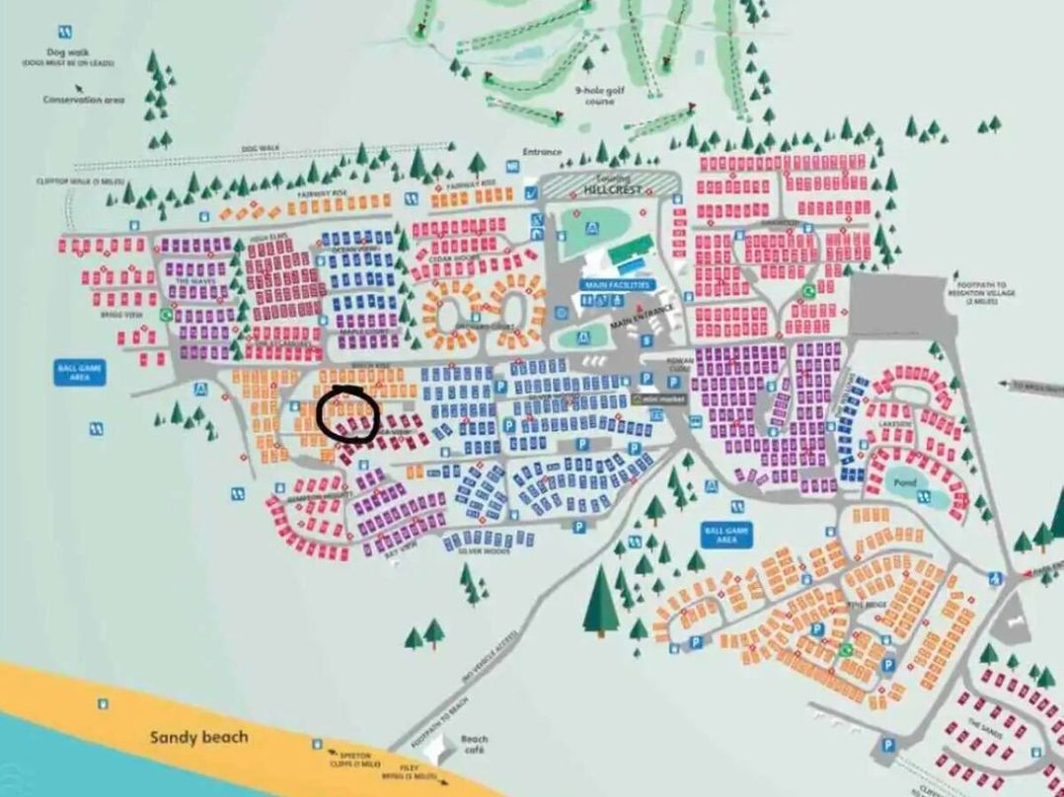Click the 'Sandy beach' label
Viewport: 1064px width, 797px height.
point(199,736)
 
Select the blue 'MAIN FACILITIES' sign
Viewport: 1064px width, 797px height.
point(616,284)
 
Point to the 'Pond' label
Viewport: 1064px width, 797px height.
point(903,482)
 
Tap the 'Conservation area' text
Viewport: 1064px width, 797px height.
point(84,99)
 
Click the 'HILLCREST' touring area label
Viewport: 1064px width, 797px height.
point(614,187)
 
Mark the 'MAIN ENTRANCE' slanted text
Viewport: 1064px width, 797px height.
point(642,315)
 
